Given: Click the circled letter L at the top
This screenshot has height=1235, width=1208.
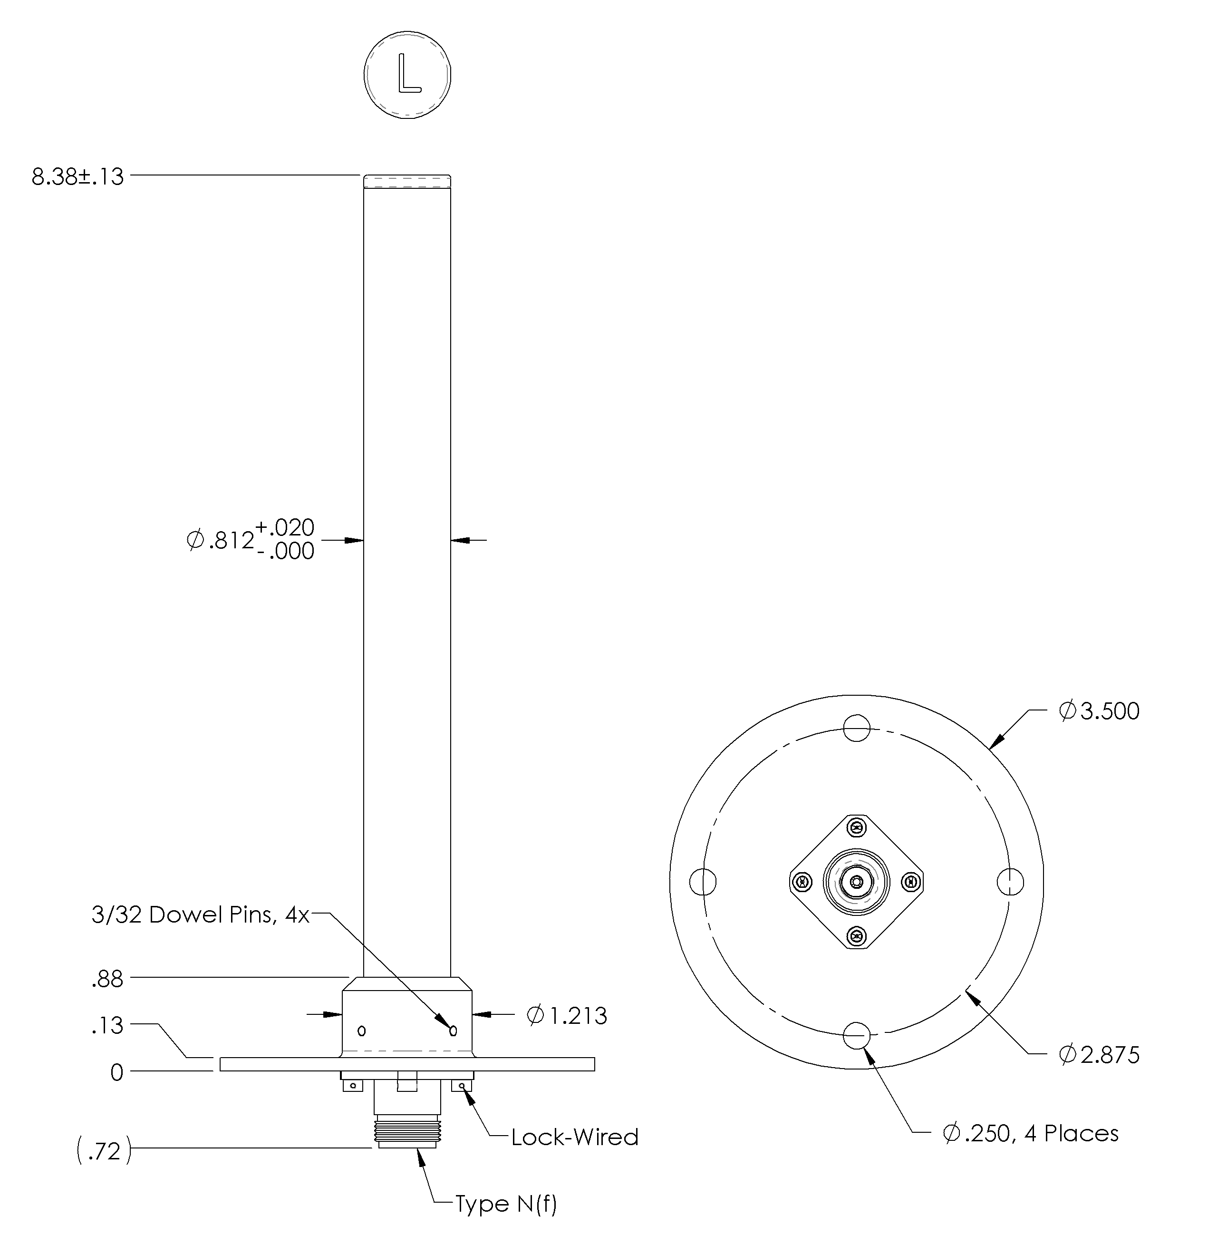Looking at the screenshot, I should click(407, 74).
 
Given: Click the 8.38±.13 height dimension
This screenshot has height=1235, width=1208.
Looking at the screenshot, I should click(77, 177).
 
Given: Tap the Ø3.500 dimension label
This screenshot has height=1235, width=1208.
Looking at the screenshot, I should click(1098, 711).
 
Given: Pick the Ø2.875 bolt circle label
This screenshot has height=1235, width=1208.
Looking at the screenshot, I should click(1098, 1055).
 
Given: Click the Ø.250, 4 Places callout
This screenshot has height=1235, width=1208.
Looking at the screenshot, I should click(1030, 1133).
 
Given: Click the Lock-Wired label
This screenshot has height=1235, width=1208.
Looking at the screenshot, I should click(574, 1137).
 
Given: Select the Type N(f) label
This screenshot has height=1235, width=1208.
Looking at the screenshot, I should click(506, 1204).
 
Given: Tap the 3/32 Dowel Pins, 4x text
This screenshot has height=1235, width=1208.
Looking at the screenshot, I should click(200, 915).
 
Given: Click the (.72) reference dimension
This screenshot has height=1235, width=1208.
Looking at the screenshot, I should click(104, 1151).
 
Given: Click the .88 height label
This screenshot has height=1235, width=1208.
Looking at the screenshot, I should click(107, 979).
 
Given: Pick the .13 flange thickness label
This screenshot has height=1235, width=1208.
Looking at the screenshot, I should click(107, 1026).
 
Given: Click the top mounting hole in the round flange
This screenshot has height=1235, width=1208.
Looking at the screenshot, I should click(857, 728).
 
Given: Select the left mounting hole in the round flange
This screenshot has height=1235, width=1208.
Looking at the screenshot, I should click(702, 882).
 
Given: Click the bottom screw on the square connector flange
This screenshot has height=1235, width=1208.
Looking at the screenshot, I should click(857, 935).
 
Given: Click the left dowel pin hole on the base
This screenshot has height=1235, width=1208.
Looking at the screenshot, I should click(362, 1031).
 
